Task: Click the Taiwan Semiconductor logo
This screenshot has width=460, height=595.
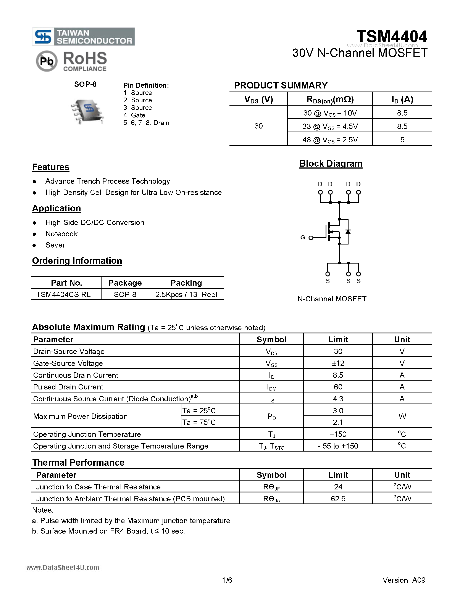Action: (x=83, y=37)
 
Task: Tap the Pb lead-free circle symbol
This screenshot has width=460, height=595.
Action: (x=47, y=61)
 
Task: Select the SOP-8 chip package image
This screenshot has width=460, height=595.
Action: (x=87, y=111)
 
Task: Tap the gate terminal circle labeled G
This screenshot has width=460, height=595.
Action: (x=311, y=238)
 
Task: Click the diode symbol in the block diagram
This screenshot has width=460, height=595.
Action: (x=348, y=232)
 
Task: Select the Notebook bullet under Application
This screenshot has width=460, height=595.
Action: (x=61, y=234)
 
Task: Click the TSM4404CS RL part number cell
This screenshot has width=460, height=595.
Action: (x=63, y=294)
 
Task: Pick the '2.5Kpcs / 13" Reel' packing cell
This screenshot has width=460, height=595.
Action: (x=186, y=294)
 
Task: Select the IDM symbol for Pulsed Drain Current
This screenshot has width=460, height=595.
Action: (x=271, y=387)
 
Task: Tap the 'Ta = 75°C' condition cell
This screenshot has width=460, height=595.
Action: (x=199, y=422)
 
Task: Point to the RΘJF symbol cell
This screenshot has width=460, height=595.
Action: (x=271, y=487)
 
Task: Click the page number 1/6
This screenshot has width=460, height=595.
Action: (x=227, y=580)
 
